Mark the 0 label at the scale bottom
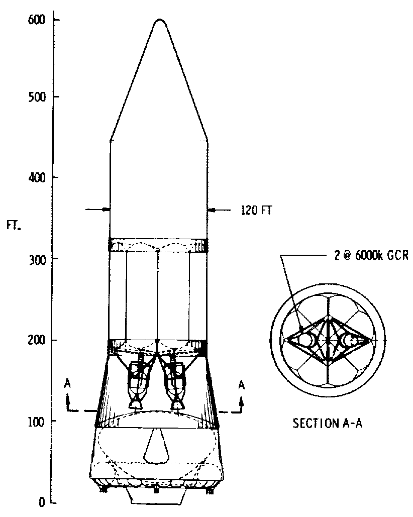click(42, 502)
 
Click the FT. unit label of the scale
click(14, 226)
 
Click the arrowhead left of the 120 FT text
click(211, 210)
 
